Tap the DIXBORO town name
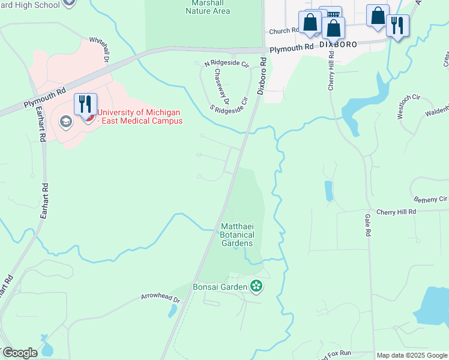[338, 44]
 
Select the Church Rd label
[284, 31]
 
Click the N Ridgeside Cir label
[226, 64]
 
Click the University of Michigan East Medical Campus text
[139, 116]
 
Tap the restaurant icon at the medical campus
[85, 104]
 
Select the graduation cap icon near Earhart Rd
[65, 122]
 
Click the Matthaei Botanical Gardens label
[238, 235]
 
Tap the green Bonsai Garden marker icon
[257, 286]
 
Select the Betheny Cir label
[430, 199]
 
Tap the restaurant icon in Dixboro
[397, 26]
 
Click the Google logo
[20, 353]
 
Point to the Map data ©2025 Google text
[412, 355]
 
